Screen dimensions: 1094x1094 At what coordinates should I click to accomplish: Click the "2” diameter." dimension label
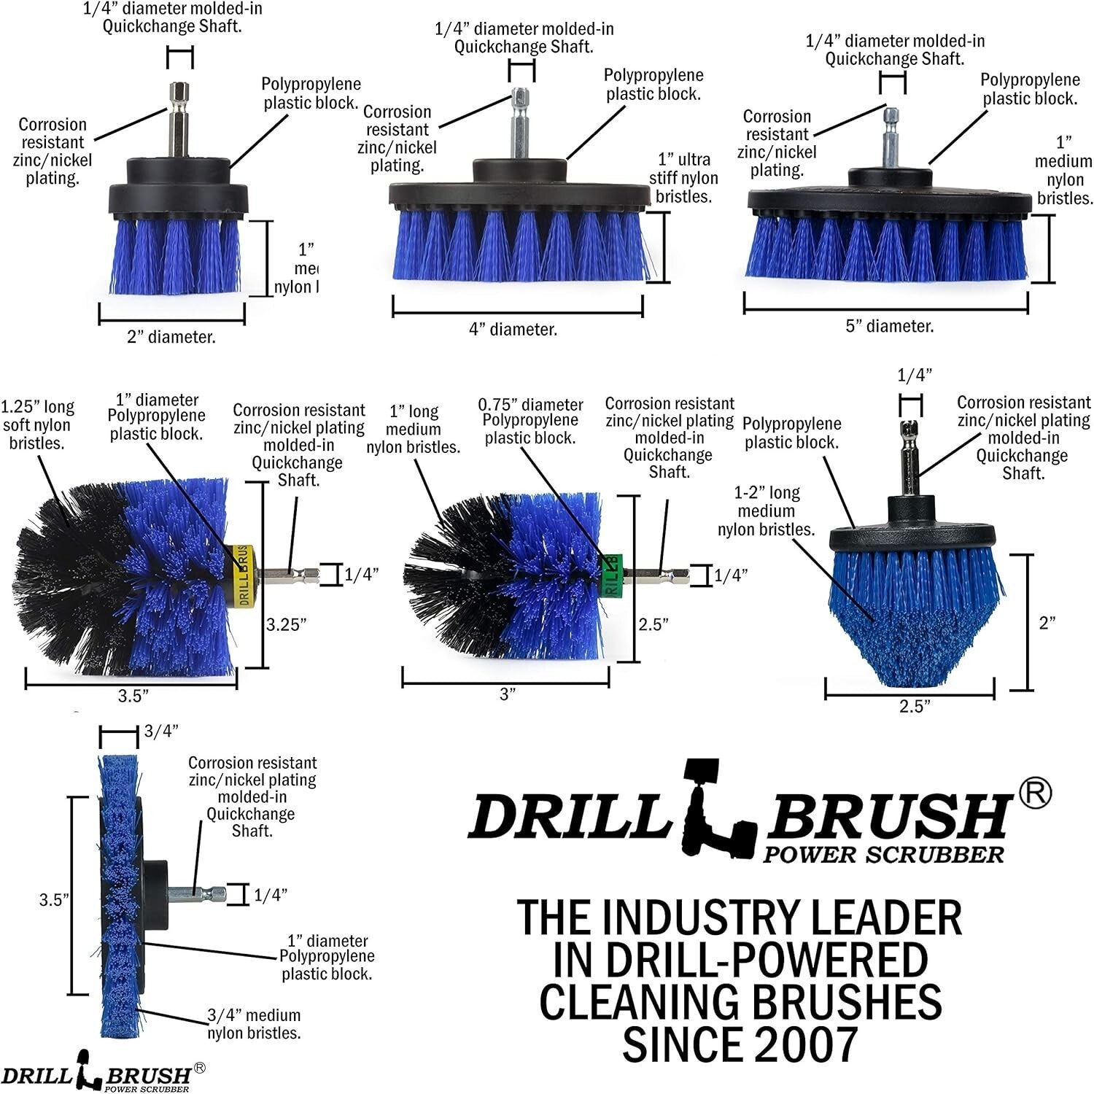pyautogui.click(x=171, y=337)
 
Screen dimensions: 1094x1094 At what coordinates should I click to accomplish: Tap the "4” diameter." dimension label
pyautogui.click(x=513, y=330)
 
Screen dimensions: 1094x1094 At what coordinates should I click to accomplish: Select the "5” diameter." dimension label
pyautogui.click(x=889, y=326)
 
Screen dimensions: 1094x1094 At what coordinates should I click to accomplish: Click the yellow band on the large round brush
pyautogui.click(x=244, y=575)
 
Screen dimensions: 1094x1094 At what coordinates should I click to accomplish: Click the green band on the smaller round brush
pyautogui.click(x=611, y=575)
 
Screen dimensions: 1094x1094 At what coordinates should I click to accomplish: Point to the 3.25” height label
pyautogui.click(x=286, y=624)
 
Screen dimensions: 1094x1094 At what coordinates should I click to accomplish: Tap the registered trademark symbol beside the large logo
pyautogui.click(x=1034, y=794)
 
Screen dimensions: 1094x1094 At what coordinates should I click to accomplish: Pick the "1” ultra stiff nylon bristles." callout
pyautogui.click(x=683, y=178)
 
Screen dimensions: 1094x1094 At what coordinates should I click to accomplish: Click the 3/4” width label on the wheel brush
pyautogui.click(x=161, y=732)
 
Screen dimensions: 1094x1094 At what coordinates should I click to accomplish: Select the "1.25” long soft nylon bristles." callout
pyautogui.click(x=38, y=425)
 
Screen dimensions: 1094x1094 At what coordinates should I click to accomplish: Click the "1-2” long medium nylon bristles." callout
pyautogui.click(x=767, y=511)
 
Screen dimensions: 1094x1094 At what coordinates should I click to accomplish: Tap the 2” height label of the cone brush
pyautogui.click(x=1047, y=623)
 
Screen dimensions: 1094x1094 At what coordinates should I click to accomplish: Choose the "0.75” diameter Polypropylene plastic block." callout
pyautogui.click(x=530, y=421)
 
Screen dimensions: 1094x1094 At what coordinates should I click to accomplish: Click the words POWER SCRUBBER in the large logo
pyautogui.click(x=883, y=854)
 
